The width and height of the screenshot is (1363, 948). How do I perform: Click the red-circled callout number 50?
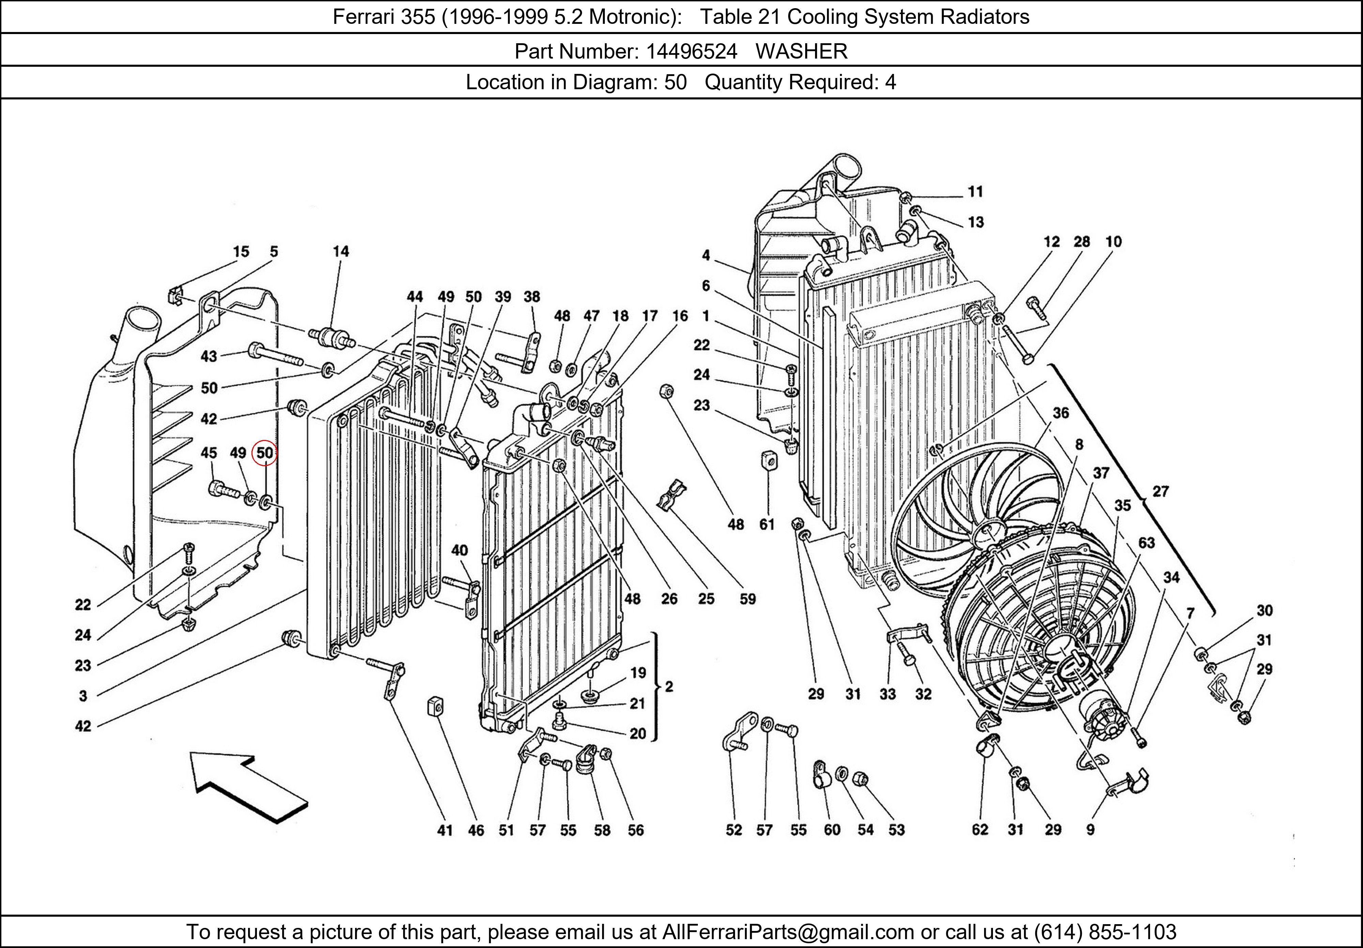265,453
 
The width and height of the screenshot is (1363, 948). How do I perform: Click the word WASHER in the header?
801,52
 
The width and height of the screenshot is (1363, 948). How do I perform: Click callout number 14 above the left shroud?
341,252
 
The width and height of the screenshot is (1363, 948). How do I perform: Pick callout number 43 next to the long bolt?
209,357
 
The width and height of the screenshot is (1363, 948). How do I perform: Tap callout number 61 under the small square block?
767,524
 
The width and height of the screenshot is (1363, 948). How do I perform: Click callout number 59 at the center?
747,599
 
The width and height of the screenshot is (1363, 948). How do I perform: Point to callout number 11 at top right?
975,192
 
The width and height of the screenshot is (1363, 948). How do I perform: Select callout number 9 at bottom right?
1090,830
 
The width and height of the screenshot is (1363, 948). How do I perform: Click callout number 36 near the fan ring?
1060,413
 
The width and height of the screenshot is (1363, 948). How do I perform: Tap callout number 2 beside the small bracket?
669,687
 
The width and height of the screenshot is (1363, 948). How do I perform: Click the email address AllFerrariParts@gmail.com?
788,932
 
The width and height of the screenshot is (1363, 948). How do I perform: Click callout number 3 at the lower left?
83,696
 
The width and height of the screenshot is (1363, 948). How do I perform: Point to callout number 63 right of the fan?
1146,543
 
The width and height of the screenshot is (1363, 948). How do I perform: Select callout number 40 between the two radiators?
459,551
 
